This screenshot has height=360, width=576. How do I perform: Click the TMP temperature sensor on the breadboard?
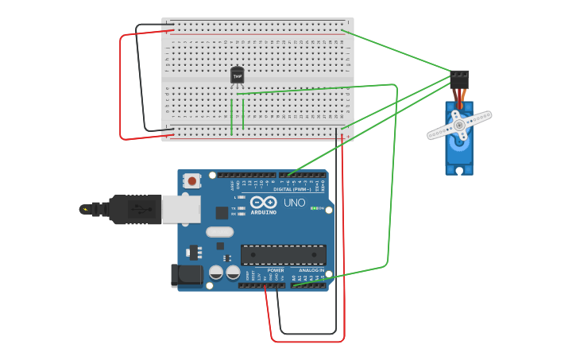tap(237, 75)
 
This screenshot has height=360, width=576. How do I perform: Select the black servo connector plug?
tap(459, 79)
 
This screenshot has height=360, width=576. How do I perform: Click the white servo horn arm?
tap(459, 126)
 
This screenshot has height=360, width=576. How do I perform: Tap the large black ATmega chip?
tap(283, 254)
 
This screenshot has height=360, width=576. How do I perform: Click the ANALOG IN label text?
tap(311, 270)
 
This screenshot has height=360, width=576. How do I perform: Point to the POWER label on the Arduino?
tap(276, 270)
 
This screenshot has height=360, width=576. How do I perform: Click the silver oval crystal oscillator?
tap(219, 232)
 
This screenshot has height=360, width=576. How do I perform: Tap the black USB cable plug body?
tap(135, 209)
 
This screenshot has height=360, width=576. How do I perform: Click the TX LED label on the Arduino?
tap(234, 208)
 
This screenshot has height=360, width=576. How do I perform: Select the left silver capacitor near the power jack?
tap(216, 273)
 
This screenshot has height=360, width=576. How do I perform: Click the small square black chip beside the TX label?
tap(222, 213)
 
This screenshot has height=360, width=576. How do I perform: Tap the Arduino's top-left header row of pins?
tap(246, 175)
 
